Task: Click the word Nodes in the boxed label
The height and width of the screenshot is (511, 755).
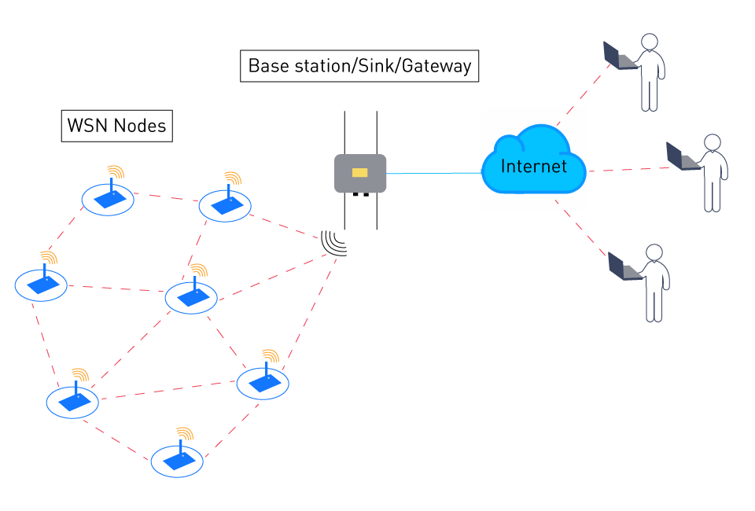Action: click(139, 126)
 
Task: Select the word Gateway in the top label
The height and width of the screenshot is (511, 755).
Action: click(436, 65)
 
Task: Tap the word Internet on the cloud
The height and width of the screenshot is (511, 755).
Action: click(533, 167)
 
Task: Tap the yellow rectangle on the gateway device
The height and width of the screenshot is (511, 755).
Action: click(360, 173)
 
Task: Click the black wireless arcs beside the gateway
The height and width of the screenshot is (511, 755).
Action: click(335, 243)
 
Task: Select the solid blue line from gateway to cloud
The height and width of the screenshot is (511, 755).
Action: click(433, 173)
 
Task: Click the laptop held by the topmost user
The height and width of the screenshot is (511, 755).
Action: click(618, 56)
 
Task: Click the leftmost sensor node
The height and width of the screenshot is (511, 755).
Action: click(41, 285)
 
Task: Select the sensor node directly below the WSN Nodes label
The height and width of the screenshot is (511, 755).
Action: click(109, 199)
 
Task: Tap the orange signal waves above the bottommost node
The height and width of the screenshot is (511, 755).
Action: click(185, 433)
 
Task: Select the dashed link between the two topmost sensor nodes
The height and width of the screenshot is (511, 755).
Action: click(166, 197)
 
